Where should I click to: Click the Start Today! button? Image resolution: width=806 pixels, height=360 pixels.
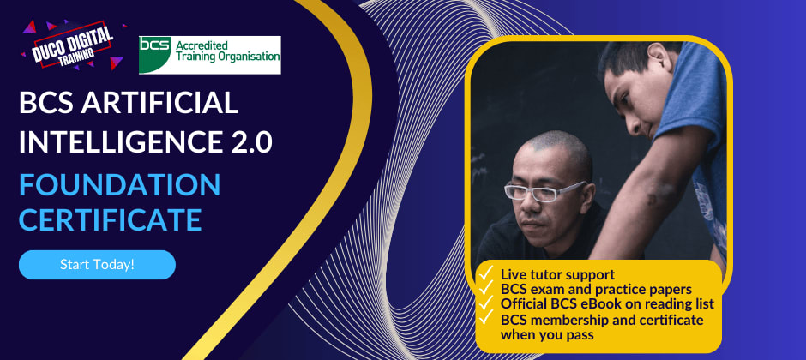(97, 265)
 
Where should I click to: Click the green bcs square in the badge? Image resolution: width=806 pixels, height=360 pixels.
(155, 54)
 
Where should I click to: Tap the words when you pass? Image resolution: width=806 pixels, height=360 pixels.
(544, 335)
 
